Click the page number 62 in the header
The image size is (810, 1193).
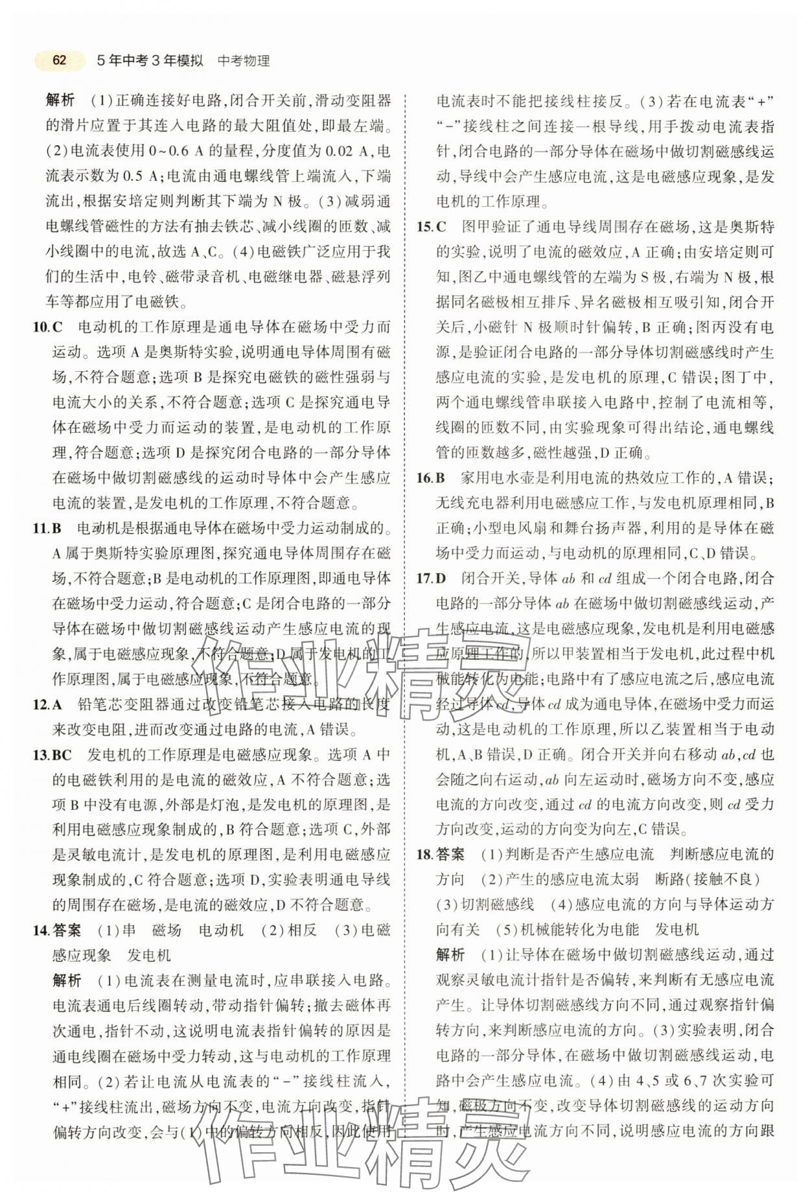(x=59, y=60)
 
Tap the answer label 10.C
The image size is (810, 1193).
(x=47, y=327)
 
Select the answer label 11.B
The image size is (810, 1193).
(x=47, y=528)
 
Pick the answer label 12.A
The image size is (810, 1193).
(x=47, y=704)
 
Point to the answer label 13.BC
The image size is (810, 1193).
(x=51, y=754)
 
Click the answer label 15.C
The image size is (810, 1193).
(x=432, y=227)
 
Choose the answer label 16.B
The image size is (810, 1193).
(x=431, y=478)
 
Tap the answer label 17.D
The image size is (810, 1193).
(x=432, y=579)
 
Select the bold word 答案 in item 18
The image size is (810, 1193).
(x=450, y=855)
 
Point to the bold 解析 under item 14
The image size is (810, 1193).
(x=67, y=980)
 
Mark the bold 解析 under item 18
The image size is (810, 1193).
(x=450, y=955)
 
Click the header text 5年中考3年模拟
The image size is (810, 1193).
(x=149, y=61)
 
